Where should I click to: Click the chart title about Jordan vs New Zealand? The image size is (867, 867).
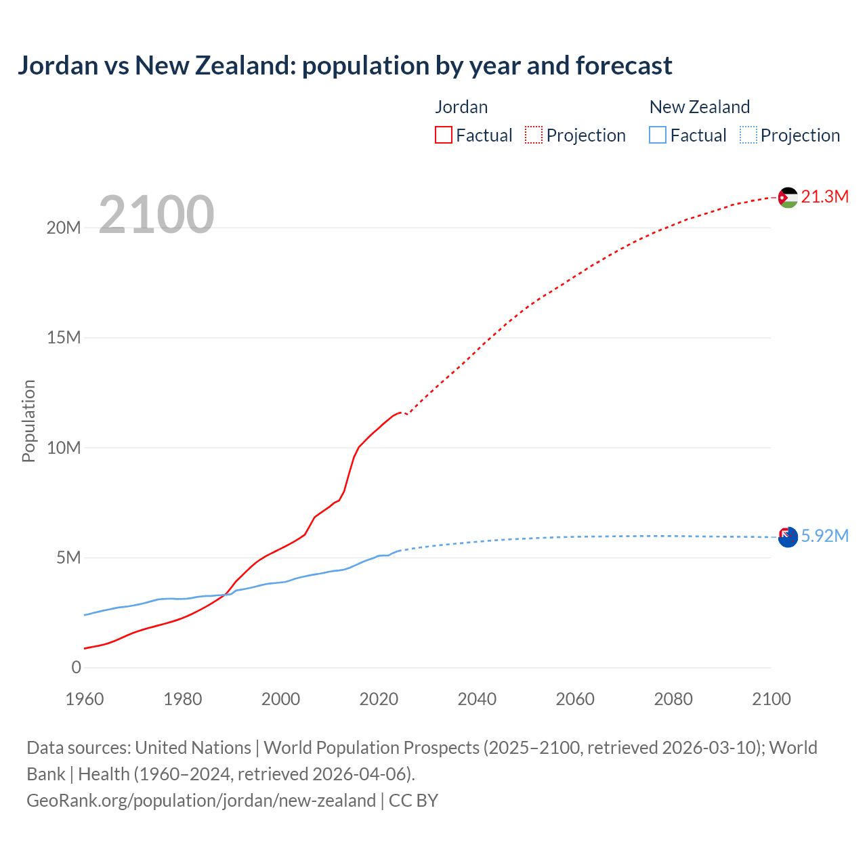(x=345, y=66)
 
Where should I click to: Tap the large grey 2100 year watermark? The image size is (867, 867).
(x=156, y=215)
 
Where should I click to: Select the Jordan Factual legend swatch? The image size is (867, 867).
(x=443, y=135)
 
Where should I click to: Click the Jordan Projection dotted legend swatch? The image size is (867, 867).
(x=534, y=135)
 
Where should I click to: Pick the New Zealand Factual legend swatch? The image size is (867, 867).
(x=657, y=135)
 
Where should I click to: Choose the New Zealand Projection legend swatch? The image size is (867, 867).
(x=748, y=135)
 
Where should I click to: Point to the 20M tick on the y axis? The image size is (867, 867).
(x=64, y=228)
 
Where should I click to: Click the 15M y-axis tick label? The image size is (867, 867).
(x=64, y=337)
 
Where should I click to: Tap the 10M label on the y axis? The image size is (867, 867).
(x=64, y=448)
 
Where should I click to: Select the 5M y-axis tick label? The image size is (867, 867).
(x=68, y=557)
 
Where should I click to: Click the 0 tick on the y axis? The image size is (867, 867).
(x=76, y=667)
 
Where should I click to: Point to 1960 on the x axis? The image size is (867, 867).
(x=85, y=699)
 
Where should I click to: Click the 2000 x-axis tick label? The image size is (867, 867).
(x=280, y=699)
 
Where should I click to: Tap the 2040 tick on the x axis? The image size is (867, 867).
(x=477, y=699)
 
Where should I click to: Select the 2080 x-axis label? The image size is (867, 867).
(x=673, y=699)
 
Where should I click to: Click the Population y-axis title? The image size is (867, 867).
(x=28, y=421)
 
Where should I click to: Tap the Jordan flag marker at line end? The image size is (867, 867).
(x=788, y=197)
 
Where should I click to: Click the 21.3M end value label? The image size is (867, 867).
(x=824, y=196)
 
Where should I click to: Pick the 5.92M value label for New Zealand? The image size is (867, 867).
(x=824, y=536)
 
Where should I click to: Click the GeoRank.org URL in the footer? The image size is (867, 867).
(x=201, y=801)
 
